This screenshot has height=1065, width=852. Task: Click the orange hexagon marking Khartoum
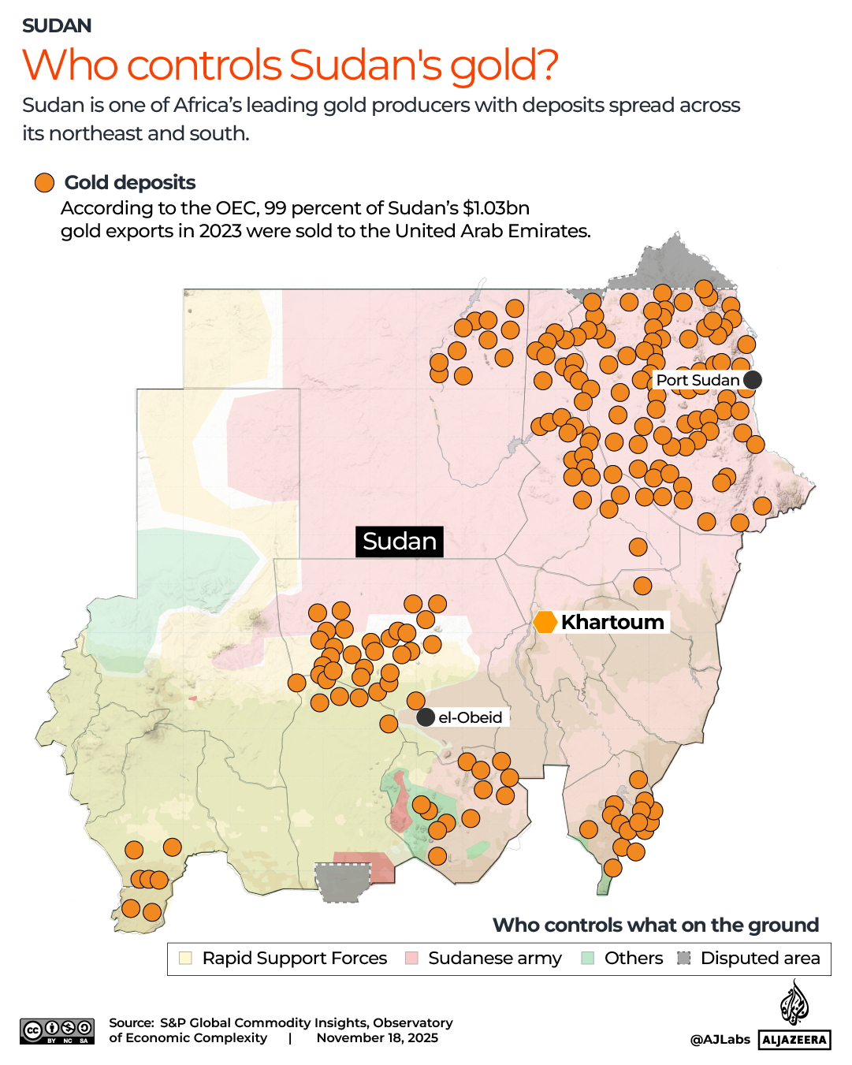pyautogui.click(x=545, y=622)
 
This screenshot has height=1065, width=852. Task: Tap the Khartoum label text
pyautogui.click(x=612, y=622)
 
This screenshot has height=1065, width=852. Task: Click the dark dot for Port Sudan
pyautogui.click(x=753, y=380)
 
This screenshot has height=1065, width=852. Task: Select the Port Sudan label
pyautogui.click(x=698, y=380)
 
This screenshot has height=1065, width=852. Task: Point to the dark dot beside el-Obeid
pyautogui.click(x=426, y=717)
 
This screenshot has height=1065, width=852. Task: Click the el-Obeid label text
pyautogui.click(x=470, y=717)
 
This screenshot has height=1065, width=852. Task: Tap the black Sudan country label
pyautogui.click(x=400, y=542)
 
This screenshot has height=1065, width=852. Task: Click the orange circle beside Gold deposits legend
pyautogui.click(x=44, y=183)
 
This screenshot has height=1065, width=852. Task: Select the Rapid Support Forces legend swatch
pyautogui.click(x=186, y=958)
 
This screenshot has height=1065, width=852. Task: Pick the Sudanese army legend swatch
pyautogui.click(x=411, y=958)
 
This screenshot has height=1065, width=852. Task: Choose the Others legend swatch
pyautogui.click(x=587, y=958)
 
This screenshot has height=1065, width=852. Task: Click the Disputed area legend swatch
pyautogui.click(x=684, y=958)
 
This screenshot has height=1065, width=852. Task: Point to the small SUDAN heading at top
pyautogui.click(x=57, y=26)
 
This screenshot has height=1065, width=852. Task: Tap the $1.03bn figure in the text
pyautogui.click(x=496, y=208)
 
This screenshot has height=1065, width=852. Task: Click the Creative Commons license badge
pyautogui.click(x=58, y=1031)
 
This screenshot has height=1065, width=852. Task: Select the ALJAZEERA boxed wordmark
pyautogui.click(x=794, y=1040)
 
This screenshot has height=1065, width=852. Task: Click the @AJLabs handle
pyautogui.click(x=720, y=1040)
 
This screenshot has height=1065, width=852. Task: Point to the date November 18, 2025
pyautogui.click(x=377, y=1037)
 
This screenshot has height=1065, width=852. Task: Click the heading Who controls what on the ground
pyautogui.click(x=655, y=925)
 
